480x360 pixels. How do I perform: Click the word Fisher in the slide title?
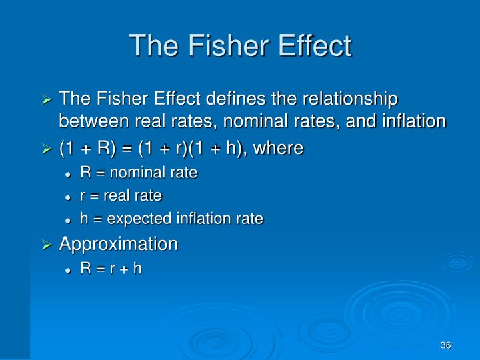[229, 45]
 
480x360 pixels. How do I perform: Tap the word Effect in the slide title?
[315, 45]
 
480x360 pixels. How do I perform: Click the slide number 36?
[446, 345]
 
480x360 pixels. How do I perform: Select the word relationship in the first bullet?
[350, 99]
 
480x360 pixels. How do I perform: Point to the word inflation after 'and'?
[414, 121]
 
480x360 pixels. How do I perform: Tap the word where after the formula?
[278, 148]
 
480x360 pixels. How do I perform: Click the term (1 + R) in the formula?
[87, 149]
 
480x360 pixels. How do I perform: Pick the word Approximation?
[119, 244]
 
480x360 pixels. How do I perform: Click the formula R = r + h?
[111, 269]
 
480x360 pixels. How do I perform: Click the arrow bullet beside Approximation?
[47, 245]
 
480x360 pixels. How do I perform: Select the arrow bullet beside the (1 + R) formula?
[47, 149]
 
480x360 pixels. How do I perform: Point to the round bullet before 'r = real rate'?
[68, 197]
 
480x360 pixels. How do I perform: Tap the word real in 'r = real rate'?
[116, 195]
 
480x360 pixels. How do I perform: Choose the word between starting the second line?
[94, 121]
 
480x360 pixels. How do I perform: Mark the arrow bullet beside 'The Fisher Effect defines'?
[47, 99]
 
